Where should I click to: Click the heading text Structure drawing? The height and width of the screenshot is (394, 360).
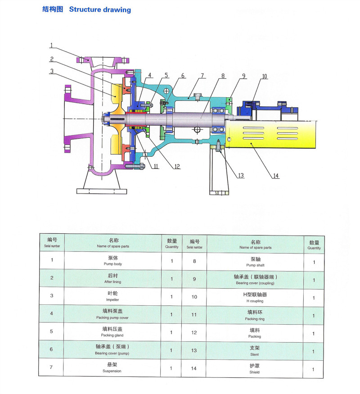tap(100, 9)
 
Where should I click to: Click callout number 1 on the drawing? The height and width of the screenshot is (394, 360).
tap(52, 45)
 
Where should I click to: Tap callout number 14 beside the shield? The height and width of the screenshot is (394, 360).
tap(275, 176)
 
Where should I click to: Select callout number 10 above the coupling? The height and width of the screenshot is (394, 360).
tap(264, 77)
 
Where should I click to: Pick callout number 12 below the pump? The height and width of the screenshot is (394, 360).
tap(176, 167)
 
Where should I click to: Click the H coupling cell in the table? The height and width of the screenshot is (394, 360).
tap(255, 297)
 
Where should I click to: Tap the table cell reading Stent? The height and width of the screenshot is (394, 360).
tap(255, 351)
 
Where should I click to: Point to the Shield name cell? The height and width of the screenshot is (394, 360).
tap(255, 369)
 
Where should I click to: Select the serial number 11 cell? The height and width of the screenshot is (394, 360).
tap(194, 314)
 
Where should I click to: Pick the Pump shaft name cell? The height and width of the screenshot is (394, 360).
tap(255, 262)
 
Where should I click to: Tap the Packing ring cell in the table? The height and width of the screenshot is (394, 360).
tap(255, 315)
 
